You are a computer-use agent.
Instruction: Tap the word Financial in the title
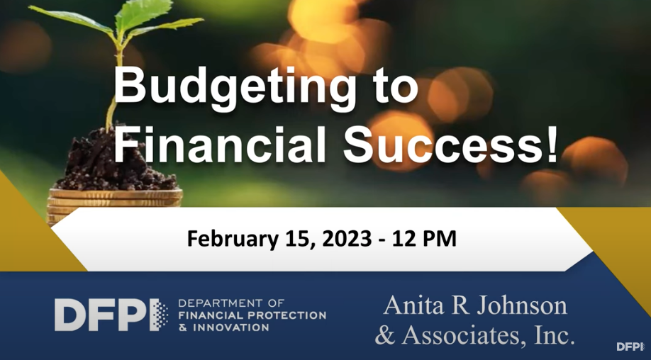(220, 144)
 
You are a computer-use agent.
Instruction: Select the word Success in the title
(441, 145)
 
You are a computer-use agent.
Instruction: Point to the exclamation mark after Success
(552, 144)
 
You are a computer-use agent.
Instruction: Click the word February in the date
(232, 240)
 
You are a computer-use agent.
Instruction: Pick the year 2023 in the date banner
(347, 240)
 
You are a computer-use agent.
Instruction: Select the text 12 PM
(424, 240)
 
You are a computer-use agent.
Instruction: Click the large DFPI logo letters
(111, 315)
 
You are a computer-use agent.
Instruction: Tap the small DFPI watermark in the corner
(630, 347)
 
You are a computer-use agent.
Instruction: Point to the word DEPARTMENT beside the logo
(220, 303)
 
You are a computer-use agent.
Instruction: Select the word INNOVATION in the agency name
(231, 327)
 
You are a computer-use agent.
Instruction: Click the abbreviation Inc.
(552, 335)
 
